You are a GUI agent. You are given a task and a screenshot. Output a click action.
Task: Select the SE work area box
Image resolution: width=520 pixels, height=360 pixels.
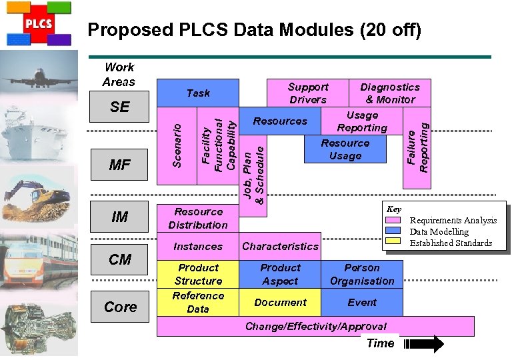[x=119, y=107]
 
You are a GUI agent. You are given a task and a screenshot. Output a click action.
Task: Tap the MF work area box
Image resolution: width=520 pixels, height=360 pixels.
[x=119, y=165]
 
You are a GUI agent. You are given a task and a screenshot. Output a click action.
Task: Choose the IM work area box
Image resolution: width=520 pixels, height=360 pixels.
[x=119, y=217]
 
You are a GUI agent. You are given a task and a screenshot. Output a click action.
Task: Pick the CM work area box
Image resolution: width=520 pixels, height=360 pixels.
[x=119, y=259]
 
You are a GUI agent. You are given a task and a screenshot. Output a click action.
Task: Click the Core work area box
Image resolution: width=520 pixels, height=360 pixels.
[x=119, y=307]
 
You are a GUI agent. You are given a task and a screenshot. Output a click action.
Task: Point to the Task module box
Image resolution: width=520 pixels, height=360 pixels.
[x=197, y=93]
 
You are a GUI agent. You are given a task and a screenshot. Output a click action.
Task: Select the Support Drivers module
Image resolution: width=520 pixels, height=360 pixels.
[x=307, y=93]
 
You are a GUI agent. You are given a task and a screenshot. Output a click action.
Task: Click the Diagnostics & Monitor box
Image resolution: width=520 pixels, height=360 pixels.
[x=389, y=93]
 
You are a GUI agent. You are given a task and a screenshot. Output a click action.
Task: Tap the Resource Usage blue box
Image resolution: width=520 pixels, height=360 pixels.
[x=345, y=149]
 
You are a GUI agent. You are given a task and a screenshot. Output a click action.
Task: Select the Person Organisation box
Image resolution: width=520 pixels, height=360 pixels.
[x=362, y=274]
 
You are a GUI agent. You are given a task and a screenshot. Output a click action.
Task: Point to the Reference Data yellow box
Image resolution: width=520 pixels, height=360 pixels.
[x=197, y=302]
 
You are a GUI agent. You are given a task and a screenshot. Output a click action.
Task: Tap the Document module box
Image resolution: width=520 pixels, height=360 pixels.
[x=280, y=302]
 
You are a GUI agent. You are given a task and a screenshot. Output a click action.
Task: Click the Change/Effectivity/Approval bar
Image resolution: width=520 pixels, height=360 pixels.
[x=315, y=326]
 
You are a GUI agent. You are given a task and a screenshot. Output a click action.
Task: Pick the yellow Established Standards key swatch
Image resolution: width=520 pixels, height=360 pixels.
[x=394, y=242]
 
